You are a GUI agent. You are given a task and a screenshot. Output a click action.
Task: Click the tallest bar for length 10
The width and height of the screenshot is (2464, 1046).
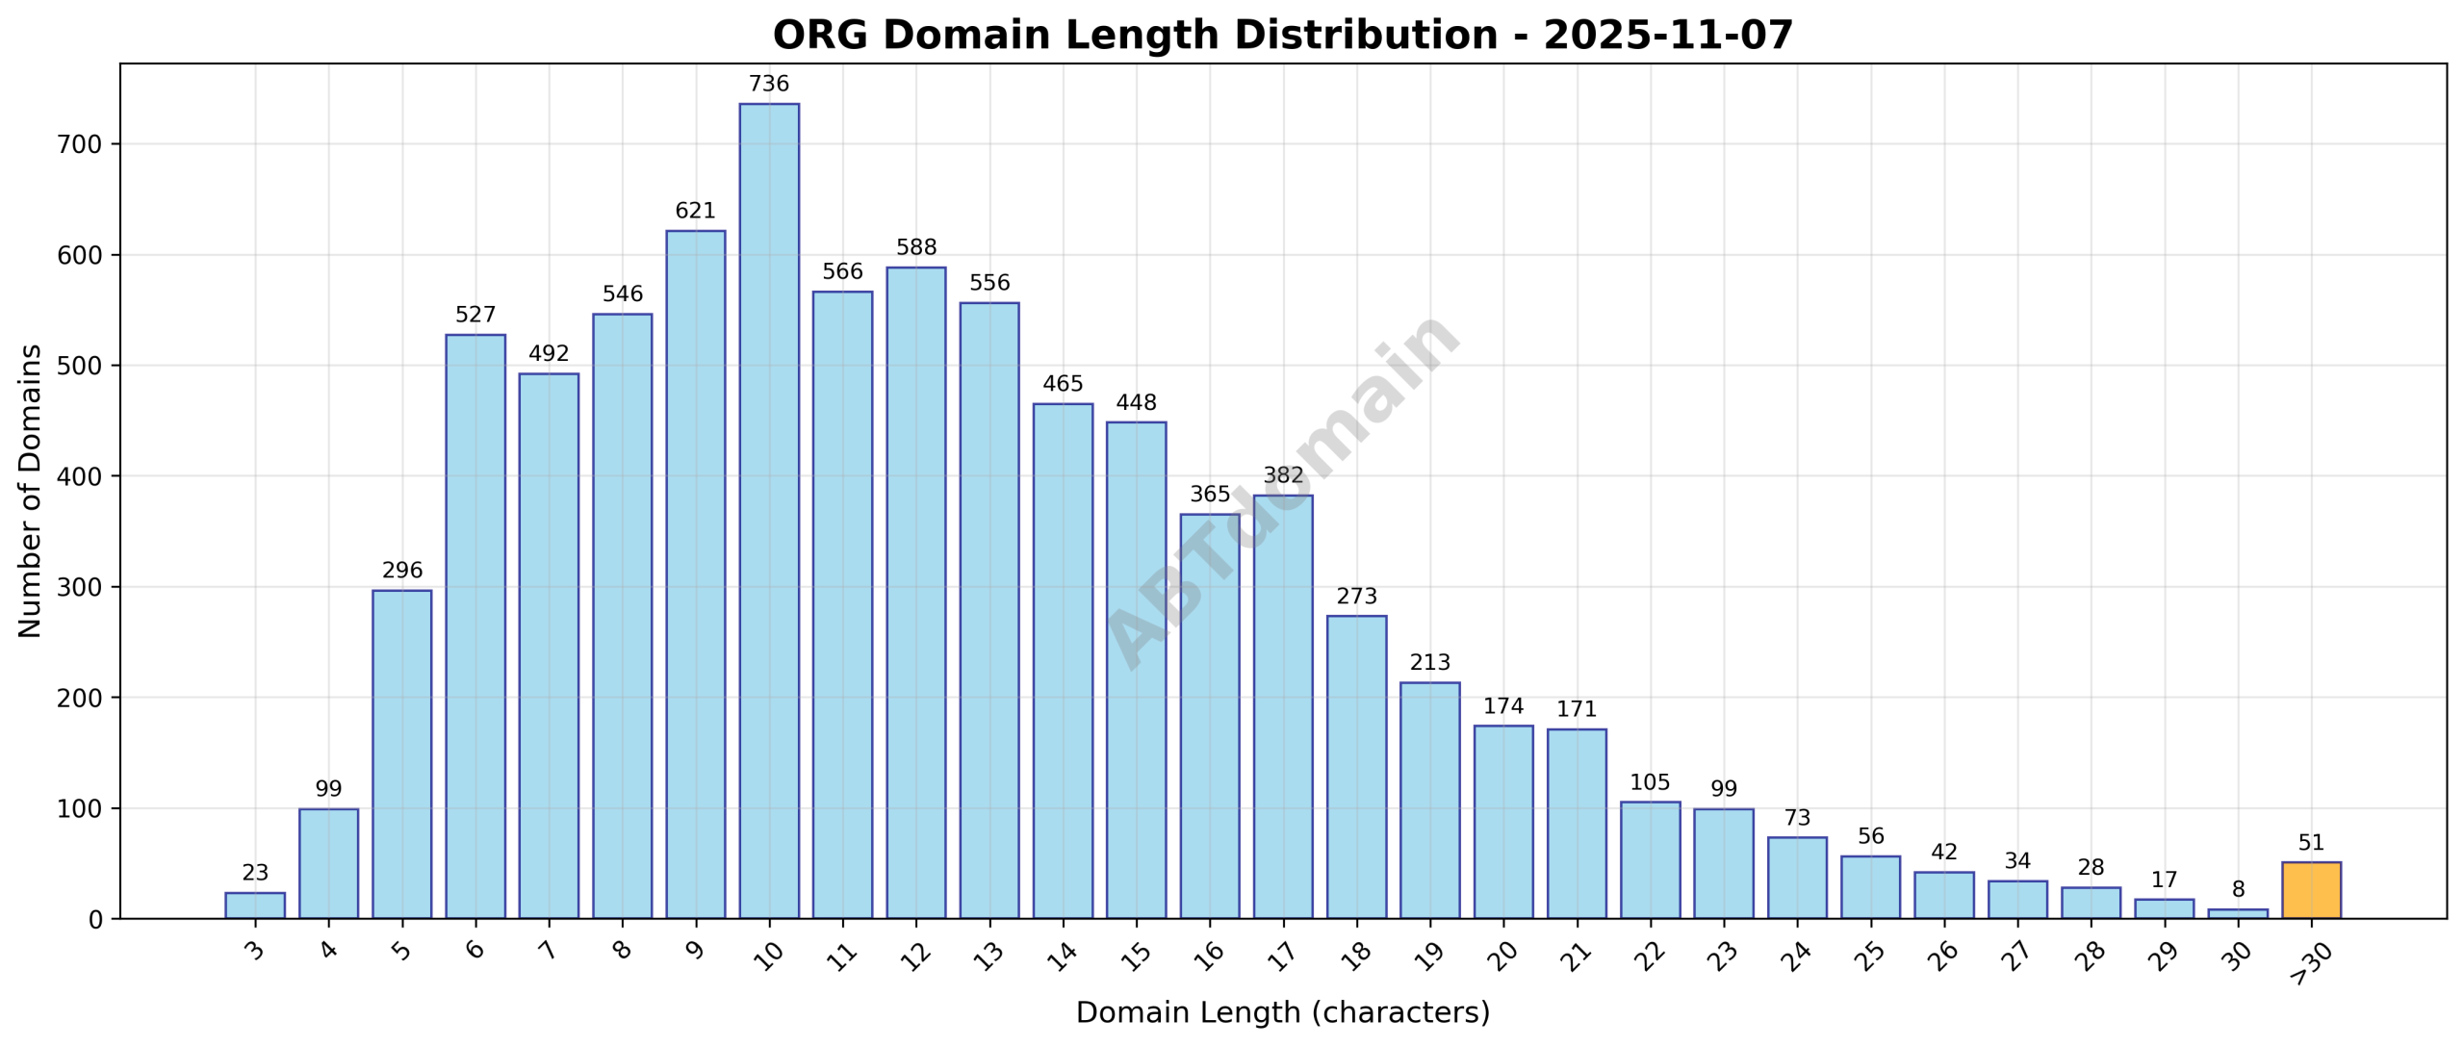[x=768, y=510]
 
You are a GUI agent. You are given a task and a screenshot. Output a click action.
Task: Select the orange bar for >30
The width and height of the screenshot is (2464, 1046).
[x=2310, y=890]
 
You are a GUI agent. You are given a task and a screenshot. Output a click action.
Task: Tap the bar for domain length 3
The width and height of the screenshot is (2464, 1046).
[x=255, y=906]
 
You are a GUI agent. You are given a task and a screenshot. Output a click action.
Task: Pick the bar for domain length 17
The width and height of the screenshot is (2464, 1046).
[x=1282, y=707]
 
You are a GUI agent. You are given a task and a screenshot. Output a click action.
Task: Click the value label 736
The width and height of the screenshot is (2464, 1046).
[x=768, y=85]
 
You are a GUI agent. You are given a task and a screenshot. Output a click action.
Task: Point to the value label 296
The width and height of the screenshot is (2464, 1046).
[x=401, y=571]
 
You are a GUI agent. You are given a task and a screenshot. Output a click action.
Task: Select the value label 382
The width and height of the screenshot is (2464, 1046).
[x=1282, y=475]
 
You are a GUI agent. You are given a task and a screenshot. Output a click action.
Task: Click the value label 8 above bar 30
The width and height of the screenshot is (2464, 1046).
[x=2237, y=890]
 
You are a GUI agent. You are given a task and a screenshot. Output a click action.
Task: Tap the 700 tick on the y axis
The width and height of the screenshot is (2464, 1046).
[x=81, y=145]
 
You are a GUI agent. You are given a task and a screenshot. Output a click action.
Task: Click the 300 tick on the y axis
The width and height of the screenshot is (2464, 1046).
[x=81, y=588]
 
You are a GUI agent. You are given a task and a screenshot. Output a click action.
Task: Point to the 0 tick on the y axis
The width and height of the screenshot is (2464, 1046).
[x=94, y=920]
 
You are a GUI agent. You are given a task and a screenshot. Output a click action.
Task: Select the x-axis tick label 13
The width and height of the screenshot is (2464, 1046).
[x=989, y=956]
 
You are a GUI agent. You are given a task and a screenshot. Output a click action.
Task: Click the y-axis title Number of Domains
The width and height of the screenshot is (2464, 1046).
[x=31, y=491]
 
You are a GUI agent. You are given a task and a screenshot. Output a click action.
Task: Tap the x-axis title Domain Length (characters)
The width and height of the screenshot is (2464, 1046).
[x=1282, y=1013]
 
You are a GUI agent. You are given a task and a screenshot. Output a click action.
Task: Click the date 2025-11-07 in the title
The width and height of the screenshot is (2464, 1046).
[x=1667, y=36]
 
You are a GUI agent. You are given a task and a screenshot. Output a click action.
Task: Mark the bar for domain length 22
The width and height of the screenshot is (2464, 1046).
[x=1650, y=860]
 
